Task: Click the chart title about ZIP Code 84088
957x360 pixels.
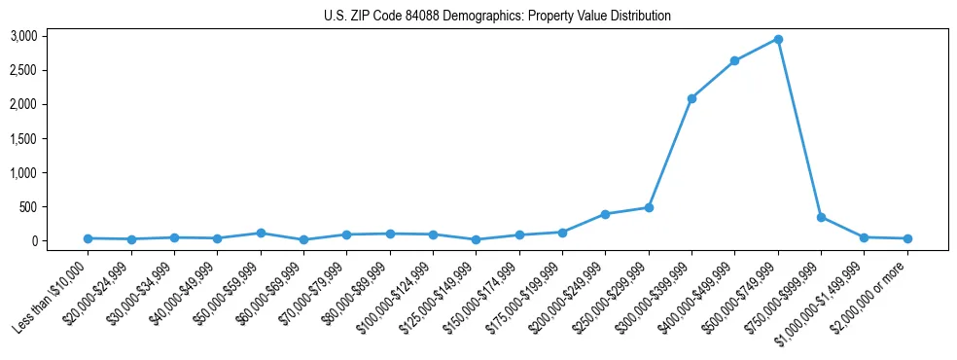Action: [x=497, y=17]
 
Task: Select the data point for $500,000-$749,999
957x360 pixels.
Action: [x=778, y=40]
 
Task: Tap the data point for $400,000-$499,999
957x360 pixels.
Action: [x=734, y=61]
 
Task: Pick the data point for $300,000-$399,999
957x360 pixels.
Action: [x=691, y=98]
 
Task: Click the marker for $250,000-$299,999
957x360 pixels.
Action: [x=649, y=207]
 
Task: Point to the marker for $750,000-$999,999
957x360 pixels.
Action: [x=821, y=217]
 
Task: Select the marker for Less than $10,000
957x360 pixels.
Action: [x=89, y=238]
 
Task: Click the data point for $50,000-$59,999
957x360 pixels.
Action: [x=261, y=234]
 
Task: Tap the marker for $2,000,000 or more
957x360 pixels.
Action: [x=907, y=238]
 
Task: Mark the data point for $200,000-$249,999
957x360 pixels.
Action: [x=605, y=214]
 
